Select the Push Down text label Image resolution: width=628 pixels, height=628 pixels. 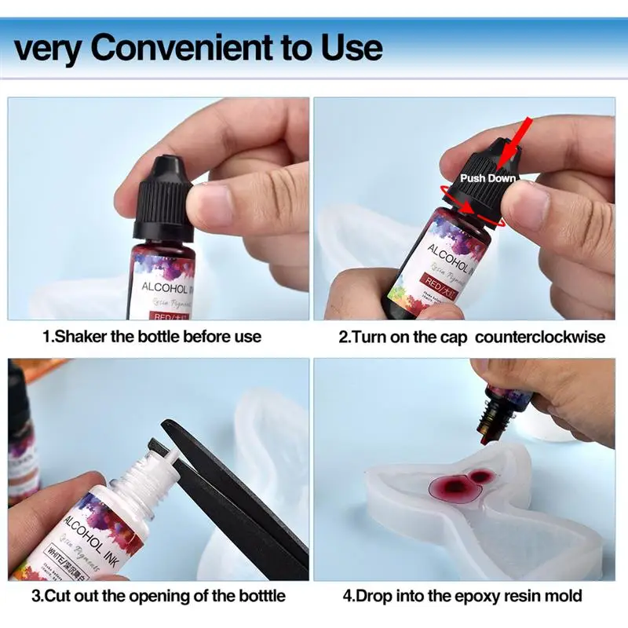click(x=487, y=178)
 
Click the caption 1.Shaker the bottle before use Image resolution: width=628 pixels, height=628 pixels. click(x=152, y=336)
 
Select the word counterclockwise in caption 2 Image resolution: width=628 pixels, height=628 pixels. click(x=540, y=336)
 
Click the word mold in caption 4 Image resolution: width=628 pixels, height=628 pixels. click(x=564, y=596)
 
